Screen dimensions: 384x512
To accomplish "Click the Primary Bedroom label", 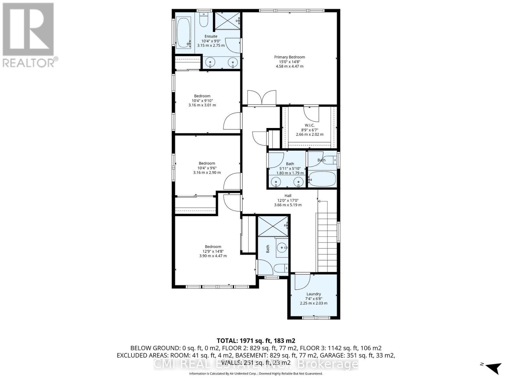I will tap(289, 57).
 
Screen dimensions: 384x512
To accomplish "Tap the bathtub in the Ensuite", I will tap(183, 33).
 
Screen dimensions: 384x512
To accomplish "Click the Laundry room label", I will tap(313, 294).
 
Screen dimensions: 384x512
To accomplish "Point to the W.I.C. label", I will tap(309, 125).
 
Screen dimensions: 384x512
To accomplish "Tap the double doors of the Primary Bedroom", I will tap(261, 98).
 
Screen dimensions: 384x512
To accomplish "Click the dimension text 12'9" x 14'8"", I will tap(213, 251).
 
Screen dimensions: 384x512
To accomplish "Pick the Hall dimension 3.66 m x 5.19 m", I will tap(288, 205).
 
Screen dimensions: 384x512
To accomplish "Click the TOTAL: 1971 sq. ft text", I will tap(256, 340).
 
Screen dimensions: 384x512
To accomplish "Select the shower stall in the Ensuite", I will tap(228, 21).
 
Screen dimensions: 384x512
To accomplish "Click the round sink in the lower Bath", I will tap(282, 247).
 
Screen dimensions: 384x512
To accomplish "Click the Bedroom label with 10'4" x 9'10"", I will tap(202, 96).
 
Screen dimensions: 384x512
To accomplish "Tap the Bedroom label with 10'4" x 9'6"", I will tap(207, 163).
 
